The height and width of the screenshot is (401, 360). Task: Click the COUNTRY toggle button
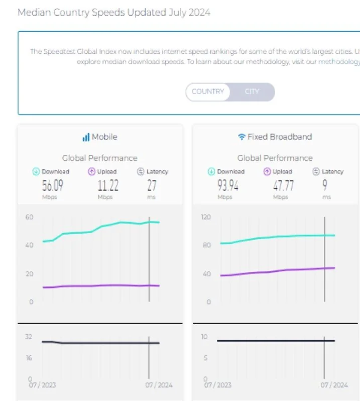pyautogui.click(x=208, y=91)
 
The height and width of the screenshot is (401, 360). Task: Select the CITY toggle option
pyautogui.click(x=252, y=91)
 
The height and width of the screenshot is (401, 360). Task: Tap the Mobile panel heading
pyautogui.click(x=104, y=137)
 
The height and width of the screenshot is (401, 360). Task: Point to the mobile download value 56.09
pyautogui.click(x=53, y=185)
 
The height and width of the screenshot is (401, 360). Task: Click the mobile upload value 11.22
pyautogui.click(x=108, y=185)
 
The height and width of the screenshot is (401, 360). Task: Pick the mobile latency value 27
pyautogui.click(x=152, y=185)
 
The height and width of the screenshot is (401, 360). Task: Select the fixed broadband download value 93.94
pyautogui.click(x=228, y=185)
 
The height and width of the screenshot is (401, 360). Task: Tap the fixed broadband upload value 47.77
pyautogui.click(x=283, y=185)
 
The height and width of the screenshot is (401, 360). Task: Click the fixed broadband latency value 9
pyautogui.click(x=325, y=185)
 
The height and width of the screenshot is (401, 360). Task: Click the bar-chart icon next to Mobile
pyautogui.click(x=86, y=137)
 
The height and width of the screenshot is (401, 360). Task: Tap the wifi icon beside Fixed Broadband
pyautogui.click(x=242, y=137)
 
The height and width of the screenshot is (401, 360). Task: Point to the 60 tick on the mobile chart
pyautogui.click(x=29, y=217)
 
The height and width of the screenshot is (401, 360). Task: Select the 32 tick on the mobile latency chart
pyautogui.click(x=29, y=337)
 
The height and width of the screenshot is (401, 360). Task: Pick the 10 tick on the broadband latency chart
pyautogui.click(x=204, y=337)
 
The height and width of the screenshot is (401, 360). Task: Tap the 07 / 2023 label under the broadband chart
pyautogui.click(x=217, y=385)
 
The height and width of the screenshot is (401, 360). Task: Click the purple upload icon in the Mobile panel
pyautogui.click(x=91, y=172)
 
